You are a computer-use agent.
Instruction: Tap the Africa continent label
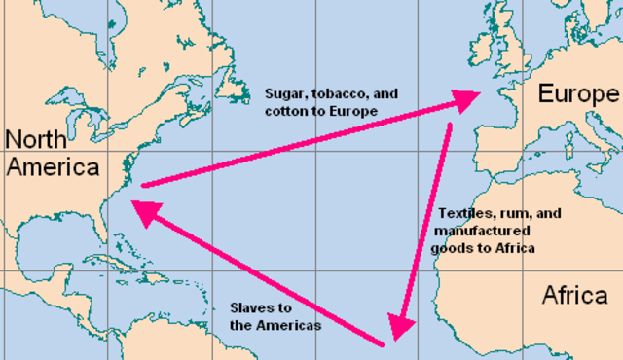[574, 294]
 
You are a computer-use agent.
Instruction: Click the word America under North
[53, 166]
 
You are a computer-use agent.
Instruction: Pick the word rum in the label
[517, 213]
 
